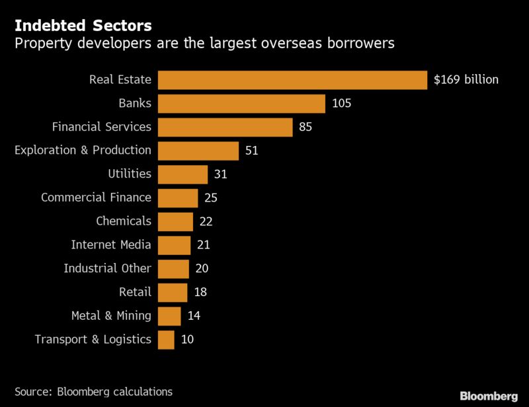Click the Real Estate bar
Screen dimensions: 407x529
[292, 80]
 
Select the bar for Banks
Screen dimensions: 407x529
[241, 104]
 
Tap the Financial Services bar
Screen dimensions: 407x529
[225, 127]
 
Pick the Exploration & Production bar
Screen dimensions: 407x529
[198, 151]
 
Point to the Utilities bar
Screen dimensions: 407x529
[183, 174]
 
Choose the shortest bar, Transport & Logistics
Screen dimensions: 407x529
[167, 340]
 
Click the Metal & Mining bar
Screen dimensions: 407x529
[169, 316]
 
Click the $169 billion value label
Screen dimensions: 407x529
[466, 80]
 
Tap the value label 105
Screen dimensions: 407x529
[341, 104]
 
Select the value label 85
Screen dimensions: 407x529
[305, 127]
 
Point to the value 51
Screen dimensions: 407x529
[251, 151]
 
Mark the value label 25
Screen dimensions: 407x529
[211, 198]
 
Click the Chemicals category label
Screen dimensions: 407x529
[124, 221]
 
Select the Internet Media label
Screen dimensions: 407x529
[111, 245]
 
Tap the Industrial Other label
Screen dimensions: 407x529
[107, 269]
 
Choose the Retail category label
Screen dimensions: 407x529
[135, 292]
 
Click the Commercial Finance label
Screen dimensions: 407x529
[96, 198]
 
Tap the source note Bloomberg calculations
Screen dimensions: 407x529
[93, 392]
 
